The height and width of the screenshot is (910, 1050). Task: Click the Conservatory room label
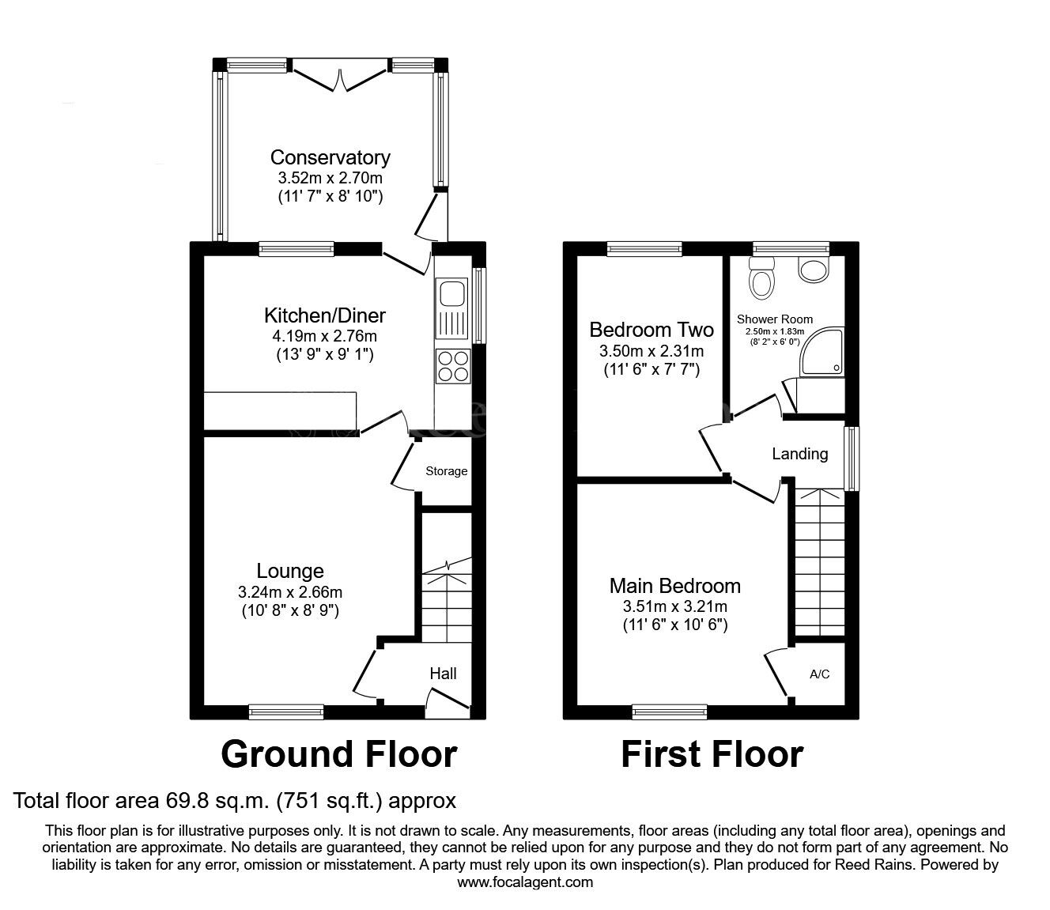click(330, 157)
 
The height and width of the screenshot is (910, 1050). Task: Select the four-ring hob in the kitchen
click(452, 366)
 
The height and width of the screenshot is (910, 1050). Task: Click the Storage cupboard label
click(447, 471)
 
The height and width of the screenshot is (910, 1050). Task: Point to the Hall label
click(443, 674)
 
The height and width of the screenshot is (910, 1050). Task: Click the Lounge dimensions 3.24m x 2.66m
click(290, 591)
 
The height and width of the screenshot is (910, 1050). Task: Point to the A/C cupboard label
click(820, 674)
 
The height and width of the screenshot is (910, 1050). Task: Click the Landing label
click(799, 454)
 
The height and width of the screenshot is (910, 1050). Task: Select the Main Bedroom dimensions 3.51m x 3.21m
click(674, 606)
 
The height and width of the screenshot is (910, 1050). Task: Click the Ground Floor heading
click(338, 753)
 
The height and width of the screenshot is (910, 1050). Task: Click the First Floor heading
click(712, 753)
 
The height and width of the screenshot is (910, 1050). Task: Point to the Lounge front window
click(286, 712)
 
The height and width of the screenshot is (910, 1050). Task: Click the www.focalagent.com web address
click(525, 882)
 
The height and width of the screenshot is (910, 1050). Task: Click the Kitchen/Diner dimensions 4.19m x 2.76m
click(324, 336)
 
